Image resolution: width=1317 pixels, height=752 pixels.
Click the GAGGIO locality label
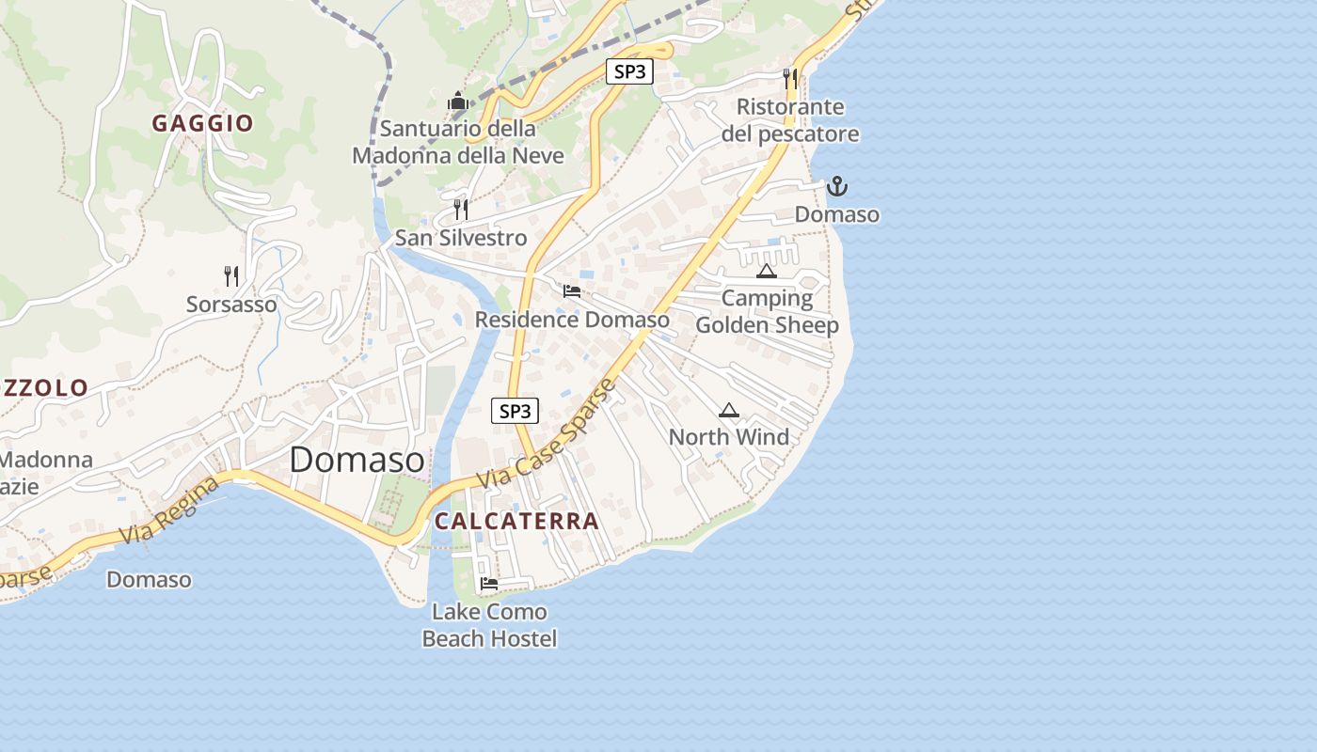203,123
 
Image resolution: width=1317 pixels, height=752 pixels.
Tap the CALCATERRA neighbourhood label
516,521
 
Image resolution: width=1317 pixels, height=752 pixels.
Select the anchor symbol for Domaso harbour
836,186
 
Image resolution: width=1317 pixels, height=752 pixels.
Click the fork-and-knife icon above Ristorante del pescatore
790,78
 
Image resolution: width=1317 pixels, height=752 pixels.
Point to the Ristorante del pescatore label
790,120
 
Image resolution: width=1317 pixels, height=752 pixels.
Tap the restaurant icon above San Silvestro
461,209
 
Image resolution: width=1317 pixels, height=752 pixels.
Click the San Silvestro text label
461,238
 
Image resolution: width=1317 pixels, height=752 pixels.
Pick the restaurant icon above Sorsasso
231,275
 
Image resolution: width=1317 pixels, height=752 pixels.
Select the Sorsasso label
231,305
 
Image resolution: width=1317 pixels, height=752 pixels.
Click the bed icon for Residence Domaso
572,290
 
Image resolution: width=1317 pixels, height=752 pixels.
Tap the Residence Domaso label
572,320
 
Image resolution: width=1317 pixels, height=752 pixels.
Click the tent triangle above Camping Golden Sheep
767,272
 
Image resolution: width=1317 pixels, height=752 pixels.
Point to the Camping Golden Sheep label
767,312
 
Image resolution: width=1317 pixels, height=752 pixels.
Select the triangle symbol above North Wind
729,410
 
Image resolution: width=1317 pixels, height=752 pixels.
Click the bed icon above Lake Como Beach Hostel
489,584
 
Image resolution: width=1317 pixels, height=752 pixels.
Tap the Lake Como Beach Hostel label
489,625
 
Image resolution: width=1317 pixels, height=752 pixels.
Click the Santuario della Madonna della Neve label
458,142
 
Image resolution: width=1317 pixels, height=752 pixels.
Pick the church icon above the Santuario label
458,101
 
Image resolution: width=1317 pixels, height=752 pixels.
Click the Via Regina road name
170,510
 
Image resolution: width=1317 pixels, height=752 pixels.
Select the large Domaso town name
357,460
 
